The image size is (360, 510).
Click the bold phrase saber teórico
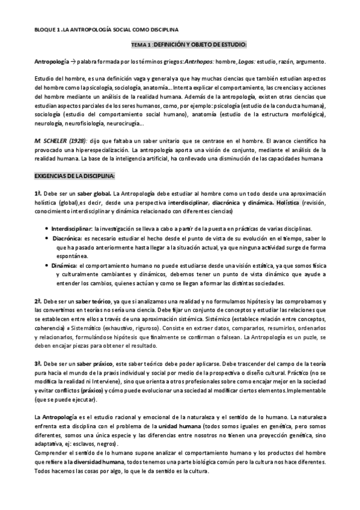tap(88, 300)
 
